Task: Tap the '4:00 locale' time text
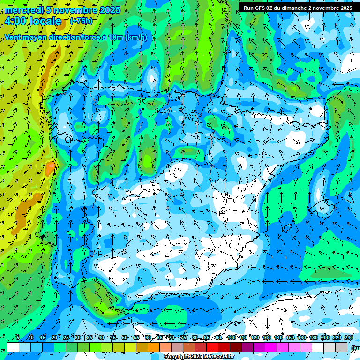(x=33, y=21)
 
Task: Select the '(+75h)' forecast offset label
(x=81, y=21)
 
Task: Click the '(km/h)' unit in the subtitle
(x=136, y=37)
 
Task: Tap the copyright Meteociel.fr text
(x=199, y=357)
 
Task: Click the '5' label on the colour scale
(x=18, y=337)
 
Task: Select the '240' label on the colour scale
(x=349, y=337)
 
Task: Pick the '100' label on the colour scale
(x=231, y=337)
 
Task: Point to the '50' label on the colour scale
(x=125, y=337)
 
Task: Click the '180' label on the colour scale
(x=313, y=337)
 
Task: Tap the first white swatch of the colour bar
(x=13, y=347)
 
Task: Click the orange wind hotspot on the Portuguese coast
(x=50, y=168)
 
